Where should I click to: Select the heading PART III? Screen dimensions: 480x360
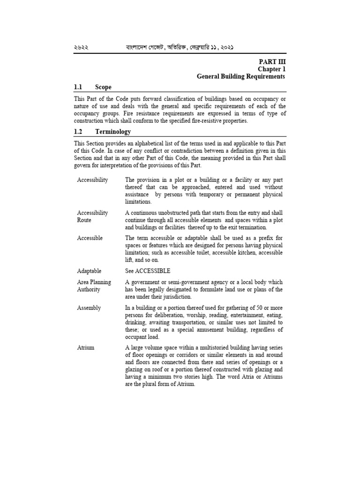(272, 61)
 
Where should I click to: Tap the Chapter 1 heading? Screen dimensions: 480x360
(271, 69)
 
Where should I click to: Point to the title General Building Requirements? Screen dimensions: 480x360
(240, 76)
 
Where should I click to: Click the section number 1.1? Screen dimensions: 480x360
(78, 87)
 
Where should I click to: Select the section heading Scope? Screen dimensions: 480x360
(103, 87)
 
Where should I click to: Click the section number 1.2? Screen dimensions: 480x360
(78, 132)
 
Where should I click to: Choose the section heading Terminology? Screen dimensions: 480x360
(113, 132)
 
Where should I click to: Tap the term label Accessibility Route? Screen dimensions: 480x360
(92, 216)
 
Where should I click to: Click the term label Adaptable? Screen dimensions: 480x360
(89, 271)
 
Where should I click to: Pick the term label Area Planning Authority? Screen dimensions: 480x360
(94, 286)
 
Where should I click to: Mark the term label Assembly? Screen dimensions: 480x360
(89, 308)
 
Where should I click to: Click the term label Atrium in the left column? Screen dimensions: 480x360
(86, 348)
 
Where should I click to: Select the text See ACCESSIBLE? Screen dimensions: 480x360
(148, 271)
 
